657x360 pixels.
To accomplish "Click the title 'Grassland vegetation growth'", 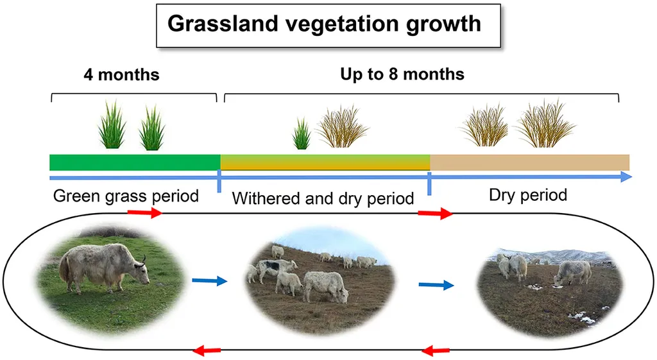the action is coord(324,24).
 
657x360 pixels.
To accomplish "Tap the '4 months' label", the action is coord(121,75).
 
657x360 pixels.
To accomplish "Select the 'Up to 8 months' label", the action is coord(402,74).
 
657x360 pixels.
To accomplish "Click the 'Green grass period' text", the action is coord(126,196).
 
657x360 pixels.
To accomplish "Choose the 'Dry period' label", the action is coord(528,195).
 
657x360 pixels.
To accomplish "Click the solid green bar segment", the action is coord(135,162).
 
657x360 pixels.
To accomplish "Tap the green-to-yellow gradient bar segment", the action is coord(325,162).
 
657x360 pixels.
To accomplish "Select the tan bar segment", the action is coord(529,162).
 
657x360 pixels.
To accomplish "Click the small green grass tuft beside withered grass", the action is coord(302,134).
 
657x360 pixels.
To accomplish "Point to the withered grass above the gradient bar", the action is coord(343,127).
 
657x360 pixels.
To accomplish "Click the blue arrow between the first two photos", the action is coord(210,281).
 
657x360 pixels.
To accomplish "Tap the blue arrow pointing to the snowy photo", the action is coord(436,286).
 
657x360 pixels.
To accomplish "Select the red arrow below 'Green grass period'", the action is coord(145,212).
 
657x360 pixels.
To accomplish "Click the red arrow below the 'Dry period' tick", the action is coord(436,214).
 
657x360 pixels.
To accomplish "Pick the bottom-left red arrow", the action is coord(207,350).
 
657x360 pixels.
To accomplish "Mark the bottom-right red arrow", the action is coord(436,350).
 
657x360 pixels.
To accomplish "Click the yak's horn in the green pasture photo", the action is coord(144,260).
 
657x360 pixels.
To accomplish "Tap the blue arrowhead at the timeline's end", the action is coord(626,177).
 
